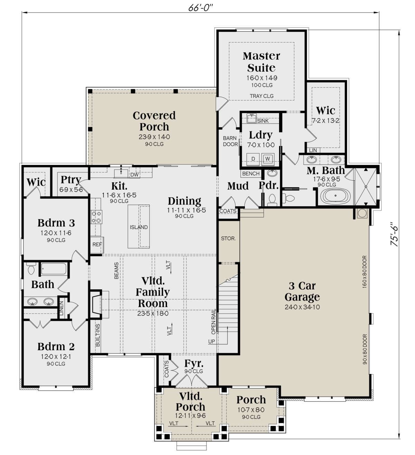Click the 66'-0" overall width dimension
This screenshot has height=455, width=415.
tap(200, 8)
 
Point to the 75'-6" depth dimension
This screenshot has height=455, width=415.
tap(394, 234)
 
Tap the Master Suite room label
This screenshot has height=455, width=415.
tap(261, 62)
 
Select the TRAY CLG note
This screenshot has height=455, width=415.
tap(261, 96)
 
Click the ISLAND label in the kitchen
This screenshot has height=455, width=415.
tap(139, 227)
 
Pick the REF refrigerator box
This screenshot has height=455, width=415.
tap(97, 245)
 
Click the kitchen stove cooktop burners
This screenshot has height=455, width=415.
tap(96, 217)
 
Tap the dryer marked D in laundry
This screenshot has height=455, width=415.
tap(253, 159)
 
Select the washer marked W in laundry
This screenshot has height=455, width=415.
tap(268, 159)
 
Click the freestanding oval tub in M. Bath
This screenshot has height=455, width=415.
tap(335, 195)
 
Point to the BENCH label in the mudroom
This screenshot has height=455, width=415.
tap(251, 174)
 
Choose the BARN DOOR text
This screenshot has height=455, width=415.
tap(230, 141)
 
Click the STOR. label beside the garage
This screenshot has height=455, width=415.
tap(228, 238)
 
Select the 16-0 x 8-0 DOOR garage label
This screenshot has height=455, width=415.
tap(365, 272)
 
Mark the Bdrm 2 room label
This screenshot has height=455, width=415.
tap(56, 346)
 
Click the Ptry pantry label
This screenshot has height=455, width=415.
tap(71, 180)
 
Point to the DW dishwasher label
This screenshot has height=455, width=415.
tap(134, 175)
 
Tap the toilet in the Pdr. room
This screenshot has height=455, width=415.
tap(271, 199)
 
